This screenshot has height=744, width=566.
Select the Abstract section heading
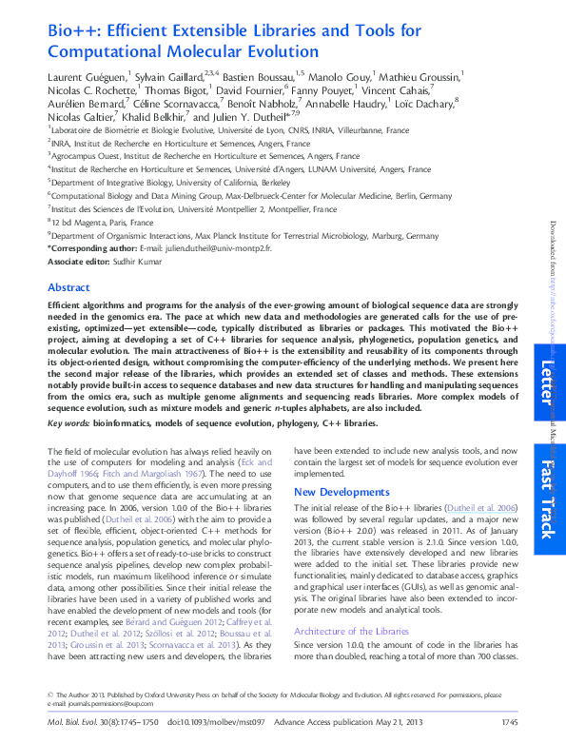(x=69, y=286)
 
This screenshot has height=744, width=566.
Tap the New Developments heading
(x=342, y=492)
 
